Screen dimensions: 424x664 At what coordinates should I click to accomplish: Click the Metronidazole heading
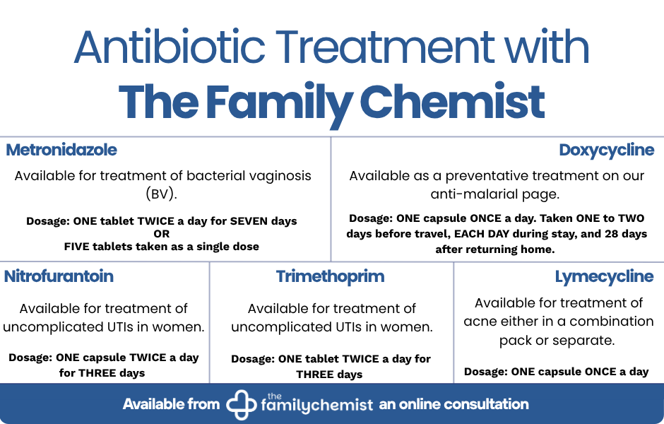61,151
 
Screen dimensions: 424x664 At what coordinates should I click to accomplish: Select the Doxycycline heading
606,151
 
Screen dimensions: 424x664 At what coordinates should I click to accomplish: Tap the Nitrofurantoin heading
59,276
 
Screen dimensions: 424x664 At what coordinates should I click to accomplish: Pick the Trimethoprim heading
330,276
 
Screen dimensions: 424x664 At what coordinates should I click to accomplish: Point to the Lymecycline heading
604,276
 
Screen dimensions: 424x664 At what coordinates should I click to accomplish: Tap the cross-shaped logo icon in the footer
241,404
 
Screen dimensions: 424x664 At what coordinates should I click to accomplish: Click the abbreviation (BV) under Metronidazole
162,194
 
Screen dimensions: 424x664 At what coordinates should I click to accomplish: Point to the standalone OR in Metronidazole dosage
162,234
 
